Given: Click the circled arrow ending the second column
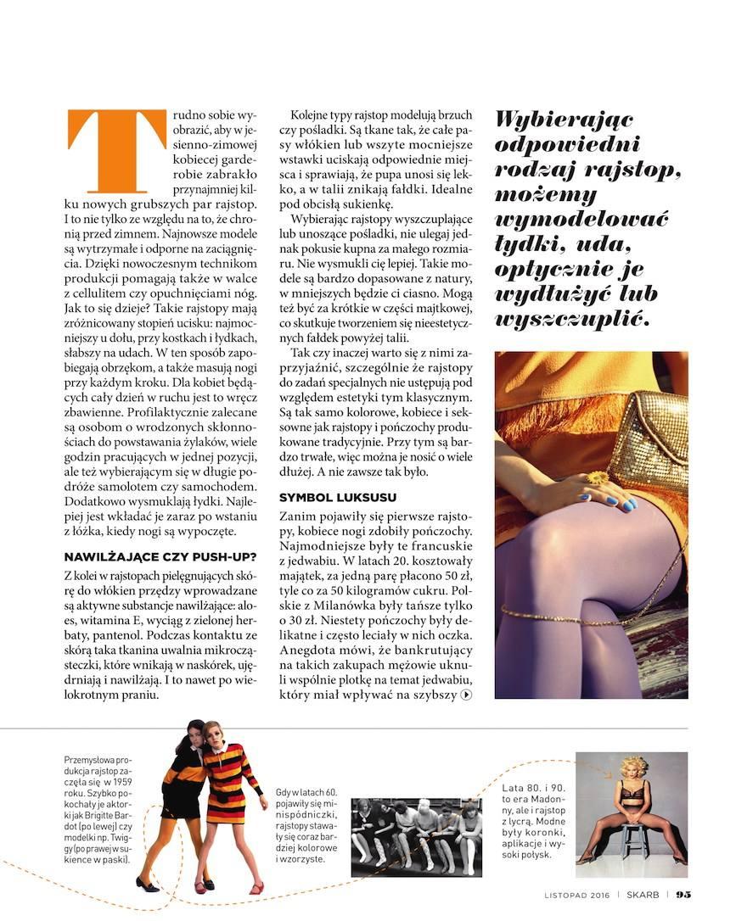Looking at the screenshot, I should coord(465,695).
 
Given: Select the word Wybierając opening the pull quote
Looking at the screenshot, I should coord(565,120).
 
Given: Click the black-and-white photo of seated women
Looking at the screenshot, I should coord(416,825).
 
